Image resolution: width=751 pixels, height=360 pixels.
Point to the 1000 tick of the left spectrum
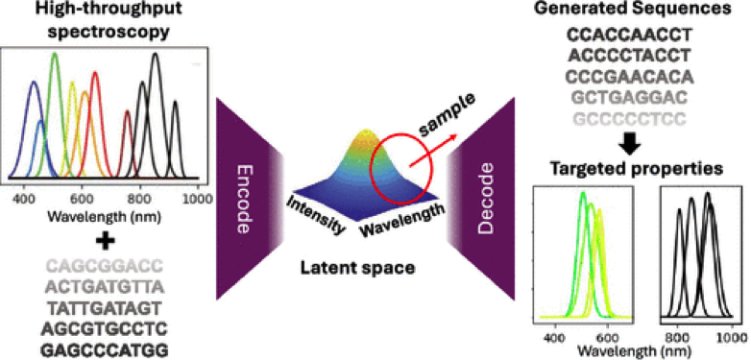196,198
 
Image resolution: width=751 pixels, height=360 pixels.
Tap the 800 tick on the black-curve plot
678,338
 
